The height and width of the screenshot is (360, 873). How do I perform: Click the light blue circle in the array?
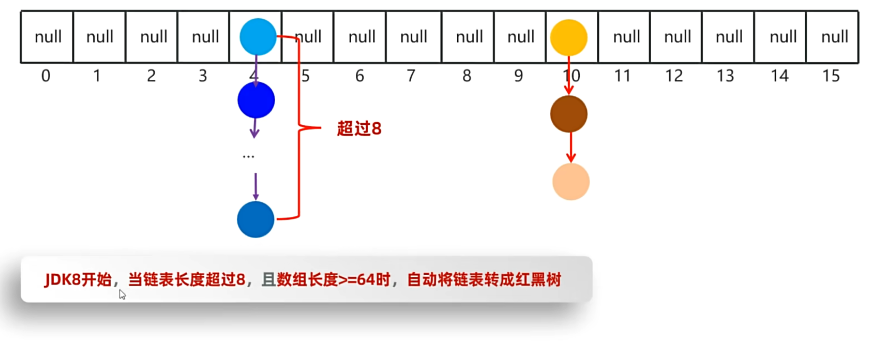point(258,37)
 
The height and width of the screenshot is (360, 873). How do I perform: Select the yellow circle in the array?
point(569,38)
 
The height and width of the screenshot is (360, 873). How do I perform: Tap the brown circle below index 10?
point(569,114)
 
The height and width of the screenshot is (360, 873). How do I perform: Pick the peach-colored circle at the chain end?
point(571,182)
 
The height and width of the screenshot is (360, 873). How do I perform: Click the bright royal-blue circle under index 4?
point(256,100)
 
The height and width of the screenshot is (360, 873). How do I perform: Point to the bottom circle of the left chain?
point(255,219)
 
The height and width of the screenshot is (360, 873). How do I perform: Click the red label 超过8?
point(359,129)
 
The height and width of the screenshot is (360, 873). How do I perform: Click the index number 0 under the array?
point(46,76)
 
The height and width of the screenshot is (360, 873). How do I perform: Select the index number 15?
point(830,76)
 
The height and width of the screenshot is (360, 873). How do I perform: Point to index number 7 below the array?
point(411,76)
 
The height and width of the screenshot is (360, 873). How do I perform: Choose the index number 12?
point(674,76)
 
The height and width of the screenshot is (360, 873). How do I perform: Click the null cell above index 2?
point(153,37)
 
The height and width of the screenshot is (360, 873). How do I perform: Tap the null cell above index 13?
point(728,37)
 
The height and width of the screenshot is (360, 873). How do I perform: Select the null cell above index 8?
point(469,37)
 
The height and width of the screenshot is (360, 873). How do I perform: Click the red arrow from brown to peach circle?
point(571,147)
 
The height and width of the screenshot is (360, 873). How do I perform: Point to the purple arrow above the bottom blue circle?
point(256,186)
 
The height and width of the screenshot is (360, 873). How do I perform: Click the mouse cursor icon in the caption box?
point(122,295)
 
